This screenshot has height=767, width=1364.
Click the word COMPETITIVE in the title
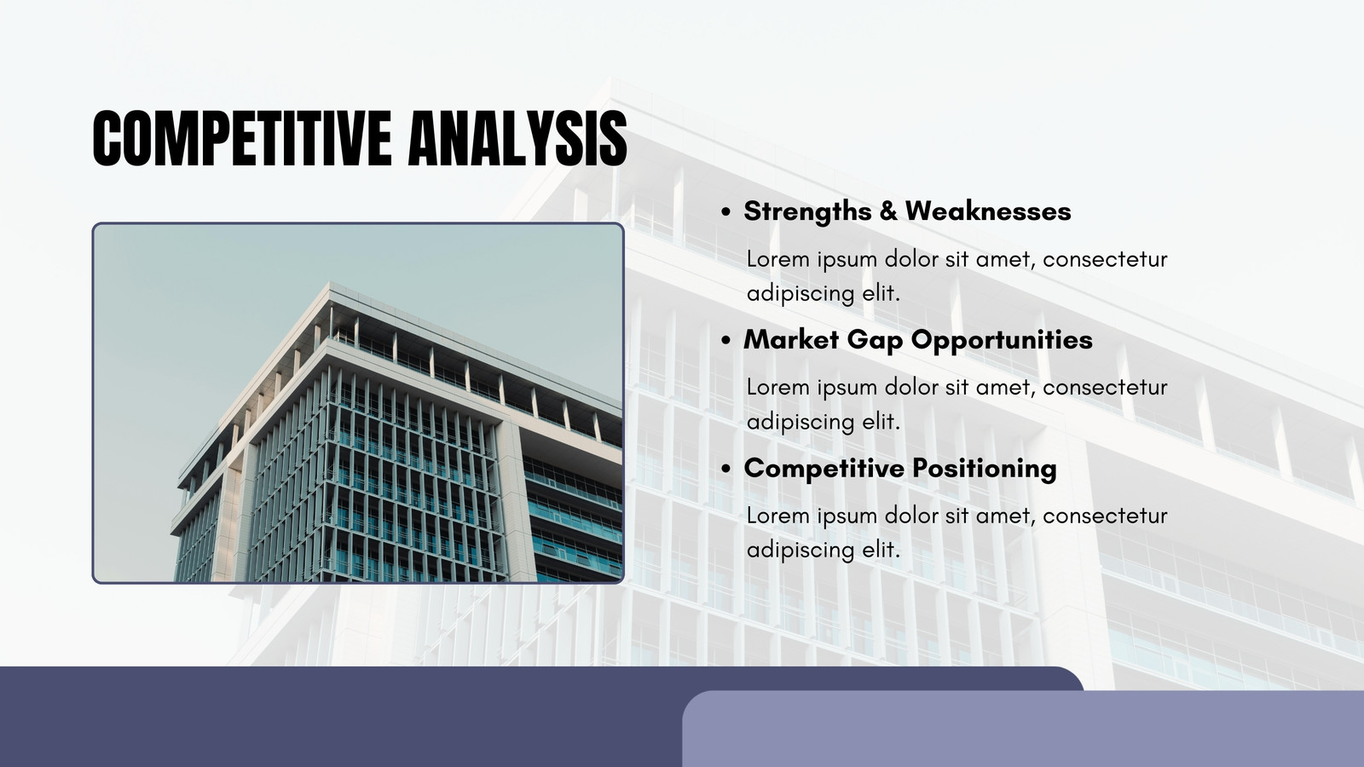click(x=242, y=138)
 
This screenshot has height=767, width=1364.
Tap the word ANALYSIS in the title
click(x=517, y=138)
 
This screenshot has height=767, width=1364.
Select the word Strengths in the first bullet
click(x=808, y=212)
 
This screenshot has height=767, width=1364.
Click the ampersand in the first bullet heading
click(x=888, y=211)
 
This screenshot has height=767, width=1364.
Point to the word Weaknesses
click(x=988, y=211)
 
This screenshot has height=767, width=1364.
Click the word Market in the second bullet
click(x=791, y=340)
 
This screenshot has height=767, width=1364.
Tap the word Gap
click(x=875, y=341)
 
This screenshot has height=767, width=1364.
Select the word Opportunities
click(x=1002, y=341)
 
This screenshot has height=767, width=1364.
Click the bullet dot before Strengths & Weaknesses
click(x=725, y=212)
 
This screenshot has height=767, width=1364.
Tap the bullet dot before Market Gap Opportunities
click(x=725, y=341)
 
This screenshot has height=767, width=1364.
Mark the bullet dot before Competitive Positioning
click(x=725, y=470)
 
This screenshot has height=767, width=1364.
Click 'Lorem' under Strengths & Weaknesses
click(x=778, y=259)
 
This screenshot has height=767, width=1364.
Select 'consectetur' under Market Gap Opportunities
click(x=1105, y=388)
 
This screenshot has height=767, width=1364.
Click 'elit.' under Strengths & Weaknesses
click(x=881, y=293)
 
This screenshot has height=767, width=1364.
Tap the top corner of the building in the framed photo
click(x=329, y=282)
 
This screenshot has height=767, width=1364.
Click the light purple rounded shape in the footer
click(x=1023, y=729)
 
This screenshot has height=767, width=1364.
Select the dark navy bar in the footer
click(x=341, y=717)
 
